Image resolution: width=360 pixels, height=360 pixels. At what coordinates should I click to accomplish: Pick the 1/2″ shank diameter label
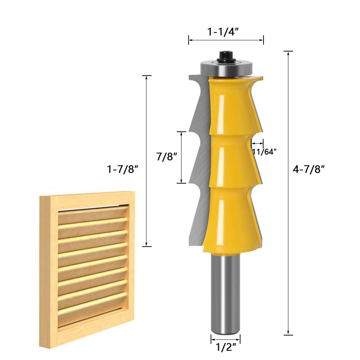225,348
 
